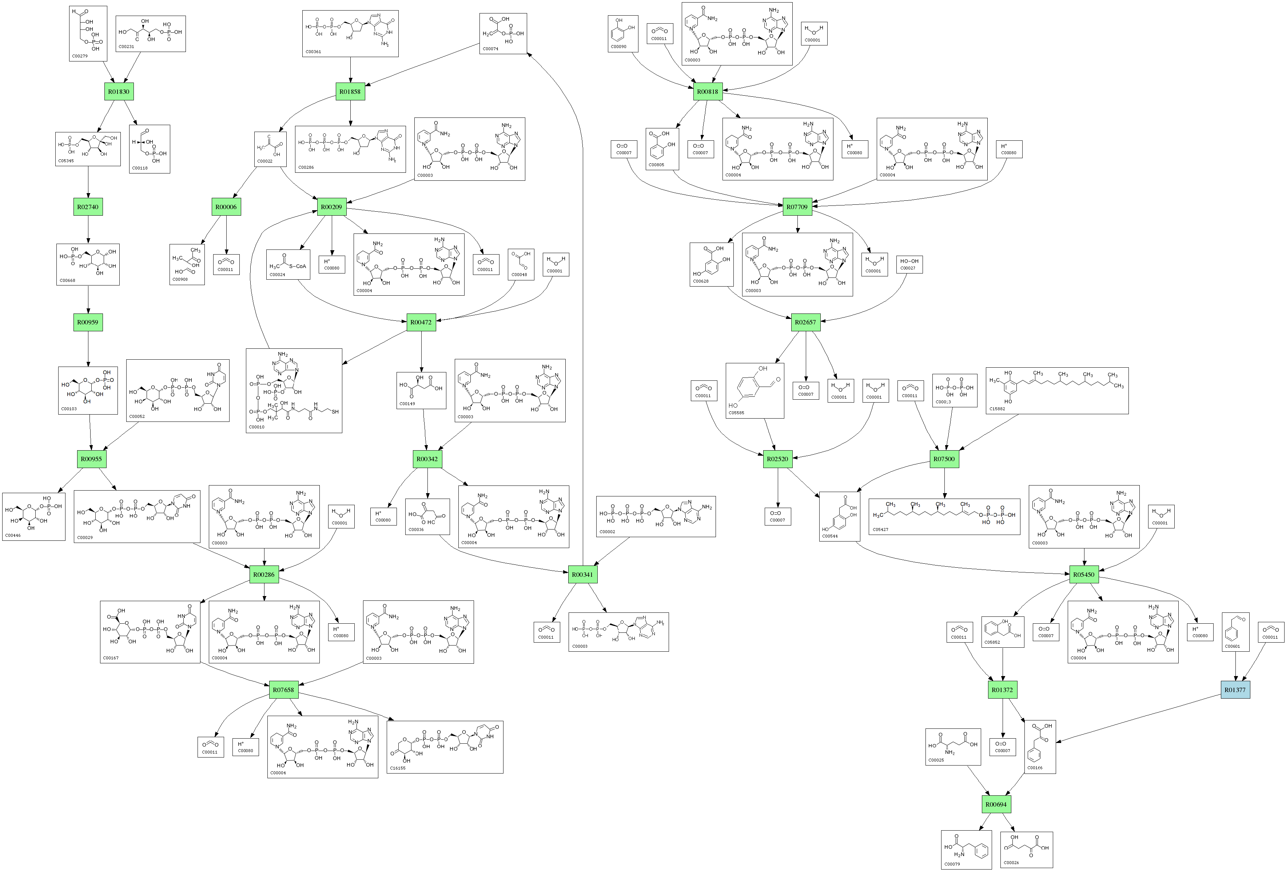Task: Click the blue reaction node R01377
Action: (x=1235, y=690)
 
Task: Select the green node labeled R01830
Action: (x=119, y=92)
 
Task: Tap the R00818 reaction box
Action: (x=707, y=92)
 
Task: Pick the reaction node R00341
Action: (x=582, y=575)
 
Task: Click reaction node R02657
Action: (x=805, y=322)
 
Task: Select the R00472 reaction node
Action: (x=421, y=322)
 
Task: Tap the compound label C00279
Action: (x=80, y=56)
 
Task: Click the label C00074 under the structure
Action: (x=490, y=49)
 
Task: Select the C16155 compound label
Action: (x=398, y=768)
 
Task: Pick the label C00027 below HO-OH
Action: (x=908, y=268)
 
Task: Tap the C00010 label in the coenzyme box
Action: (x=257, y=427)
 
